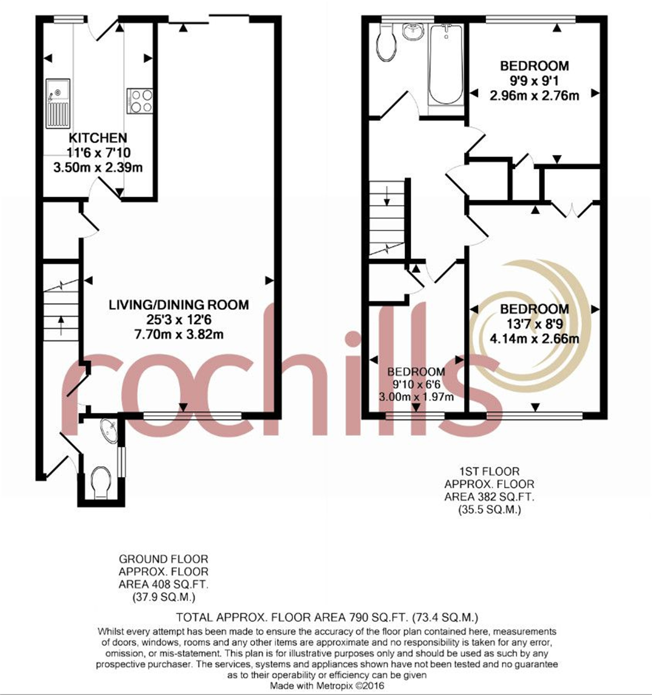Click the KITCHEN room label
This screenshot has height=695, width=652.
coord(98,138)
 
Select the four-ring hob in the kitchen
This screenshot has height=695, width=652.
coord(140,101)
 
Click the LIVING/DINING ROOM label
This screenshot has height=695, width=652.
coord(179,305)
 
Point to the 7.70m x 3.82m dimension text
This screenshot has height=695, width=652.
coord(179,335)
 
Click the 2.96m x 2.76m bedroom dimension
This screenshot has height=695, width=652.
coord(534,95)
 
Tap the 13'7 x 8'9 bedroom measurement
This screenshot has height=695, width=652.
coord(535,324)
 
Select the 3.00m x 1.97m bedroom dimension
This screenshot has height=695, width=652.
coord(416,396)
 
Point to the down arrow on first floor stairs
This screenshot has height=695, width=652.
coord(387,196)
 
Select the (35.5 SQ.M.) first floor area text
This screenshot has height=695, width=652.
coord(489,510)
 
